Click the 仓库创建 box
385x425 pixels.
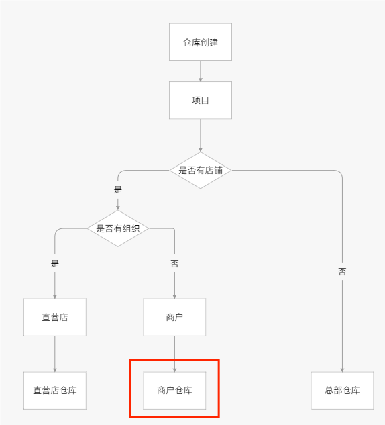201,42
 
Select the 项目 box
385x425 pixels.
201,100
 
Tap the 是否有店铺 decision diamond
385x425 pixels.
201,171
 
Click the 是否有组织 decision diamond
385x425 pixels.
118,228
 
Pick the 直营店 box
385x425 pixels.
55,318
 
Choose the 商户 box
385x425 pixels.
174,318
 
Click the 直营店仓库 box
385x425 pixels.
55,390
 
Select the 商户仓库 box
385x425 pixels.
174,390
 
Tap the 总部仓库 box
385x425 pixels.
342,390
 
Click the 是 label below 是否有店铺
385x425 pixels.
118,189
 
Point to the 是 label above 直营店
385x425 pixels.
55,263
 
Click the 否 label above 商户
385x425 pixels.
174,263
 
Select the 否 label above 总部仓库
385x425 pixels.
342,271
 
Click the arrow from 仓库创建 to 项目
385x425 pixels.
201,71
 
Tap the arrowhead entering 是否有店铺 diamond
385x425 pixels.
201,150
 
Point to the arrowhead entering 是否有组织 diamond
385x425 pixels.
118,208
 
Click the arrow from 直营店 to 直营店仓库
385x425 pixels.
55,354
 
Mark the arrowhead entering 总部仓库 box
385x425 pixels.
342,370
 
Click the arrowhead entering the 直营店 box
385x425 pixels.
55,297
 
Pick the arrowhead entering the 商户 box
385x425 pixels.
174,297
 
